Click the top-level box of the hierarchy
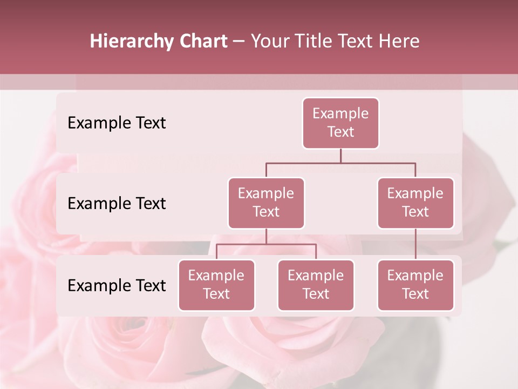tap(340, 123)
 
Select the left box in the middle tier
tap(266, 203)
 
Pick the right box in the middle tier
tap(415, 203)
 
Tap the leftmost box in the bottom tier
tap(216, 285)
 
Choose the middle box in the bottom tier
tap(316, 285)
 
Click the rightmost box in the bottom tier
tap(415, 285)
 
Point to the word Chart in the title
tap(201, 41)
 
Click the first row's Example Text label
tap(117, 123)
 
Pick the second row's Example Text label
tap(117, 204)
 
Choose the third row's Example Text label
tap(117, 286)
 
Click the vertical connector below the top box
tap(340, 156)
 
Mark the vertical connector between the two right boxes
tap(415, 244)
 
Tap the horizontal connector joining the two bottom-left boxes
tap(266, 244)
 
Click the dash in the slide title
tap(239, 42)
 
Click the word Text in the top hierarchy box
tap(340, 132)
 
